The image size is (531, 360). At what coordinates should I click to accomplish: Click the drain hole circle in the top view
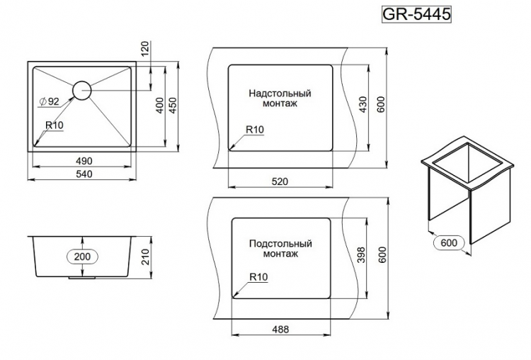click(81, 90)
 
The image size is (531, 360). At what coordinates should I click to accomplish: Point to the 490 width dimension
click(84, 161)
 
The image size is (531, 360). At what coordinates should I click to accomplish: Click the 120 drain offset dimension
click(145, 49)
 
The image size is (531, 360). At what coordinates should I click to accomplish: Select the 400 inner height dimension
click(160, 105)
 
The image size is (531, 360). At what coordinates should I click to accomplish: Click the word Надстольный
click(280, 93)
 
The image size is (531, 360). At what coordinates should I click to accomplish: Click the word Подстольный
click(280, 243)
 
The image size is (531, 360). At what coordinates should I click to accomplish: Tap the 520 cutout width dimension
click(280, 181)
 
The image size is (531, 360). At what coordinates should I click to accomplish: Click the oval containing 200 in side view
click(83, 257)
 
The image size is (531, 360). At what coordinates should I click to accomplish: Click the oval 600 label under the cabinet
click(449, 242)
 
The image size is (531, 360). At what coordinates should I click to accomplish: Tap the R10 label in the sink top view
click(55, 125)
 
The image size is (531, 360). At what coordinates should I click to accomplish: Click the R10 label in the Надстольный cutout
click(255, 129)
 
